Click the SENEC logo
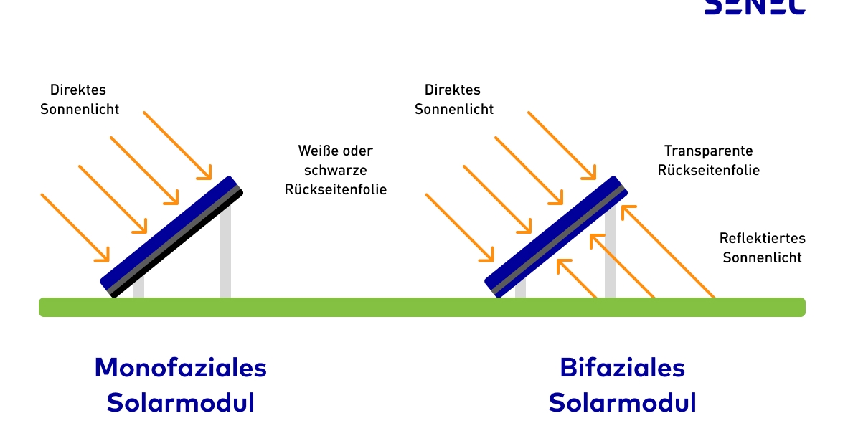point(755,6)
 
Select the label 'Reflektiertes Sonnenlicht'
point(762,247)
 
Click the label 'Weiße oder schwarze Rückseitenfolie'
point(336,170)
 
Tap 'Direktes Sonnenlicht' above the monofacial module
point(79,100)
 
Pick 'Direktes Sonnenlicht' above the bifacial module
point(453,100)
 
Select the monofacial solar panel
point(172,236)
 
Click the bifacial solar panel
point(556,236)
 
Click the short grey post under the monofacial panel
point(138,288)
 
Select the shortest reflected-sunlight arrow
point(576,278)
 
